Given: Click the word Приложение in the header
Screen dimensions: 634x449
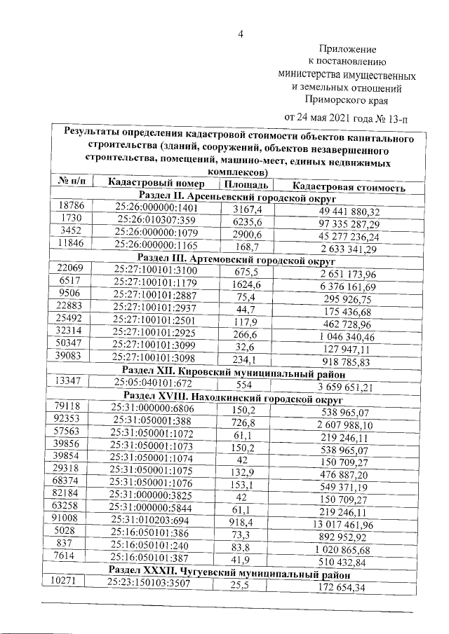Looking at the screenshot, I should tap(348, 50).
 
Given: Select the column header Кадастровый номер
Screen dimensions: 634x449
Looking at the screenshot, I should tap(156, 184).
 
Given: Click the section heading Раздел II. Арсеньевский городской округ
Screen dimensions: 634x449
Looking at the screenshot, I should tap(233, 199).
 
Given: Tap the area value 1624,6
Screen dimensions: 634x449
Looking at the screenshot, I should tap(246, 284).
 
